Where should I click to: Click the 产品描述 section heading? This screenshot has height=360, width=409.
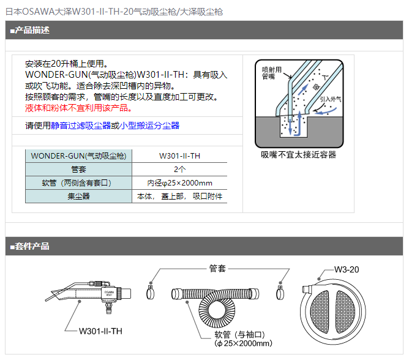pyautogui.click(x=30, y=30)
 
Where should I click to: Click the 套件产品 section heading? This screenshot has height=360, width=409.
pyautogui.click(x=30, y=246)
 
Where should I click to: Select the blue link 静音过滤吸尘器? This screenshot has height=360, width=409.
pyautogui.click(x=81, y=126)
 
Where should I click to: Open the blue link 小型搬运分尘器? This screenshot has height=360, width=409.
pyautogui.click(x=149, y=126)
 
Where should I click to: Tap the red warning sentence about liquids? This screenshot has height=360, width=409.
pyautogui.click(x=78, y=108)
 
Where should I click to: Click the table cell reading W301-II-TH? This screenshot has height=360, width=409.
pyautogui.click(x=180, y=156)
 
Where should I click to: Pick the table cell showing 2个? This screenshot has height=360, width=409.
pyautogui.click(x=180, y=170)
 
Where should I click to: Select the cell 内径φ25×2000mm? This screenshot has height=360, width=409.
pyautogui.click(x=180, y=183)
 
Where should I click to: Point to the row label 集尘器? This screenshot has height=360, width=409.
pyautogui.click(x=78, y=197)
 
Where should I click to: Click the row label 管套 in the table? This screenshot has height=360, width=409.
pyautogui.click(x=78, y=170)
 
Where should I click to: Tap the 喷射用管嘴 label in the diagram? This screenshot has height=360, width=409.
pyautogui.click(x=271, y=73)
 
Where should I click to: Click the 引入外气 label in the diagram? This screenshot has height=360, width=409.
pyautogui.click(x=331, y=99)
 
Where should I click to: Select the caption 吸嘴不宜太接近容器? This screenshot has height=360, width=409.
pyautogui.click(x=299, y=155)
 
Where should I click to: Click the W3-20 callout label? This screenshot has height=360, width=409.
pyautogui.click(x=347, y=269)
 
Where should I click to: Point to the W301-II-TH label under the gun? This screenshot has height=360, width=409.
pyautogui.click(x=100, y=331)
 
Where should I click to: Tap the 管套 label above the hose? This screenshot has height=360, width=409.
pyautogui.click(x=217, y=268)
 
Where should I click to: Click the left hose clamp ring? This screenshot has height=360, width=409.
pyautogui.click(x=150, y=292)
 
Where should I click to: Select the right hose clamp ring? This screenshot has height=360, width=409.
pyautogui.click(x=280, y=293)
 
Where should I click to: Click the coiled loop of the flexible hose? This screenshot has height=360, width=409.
pyautogui.click(x=217, y=310)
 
